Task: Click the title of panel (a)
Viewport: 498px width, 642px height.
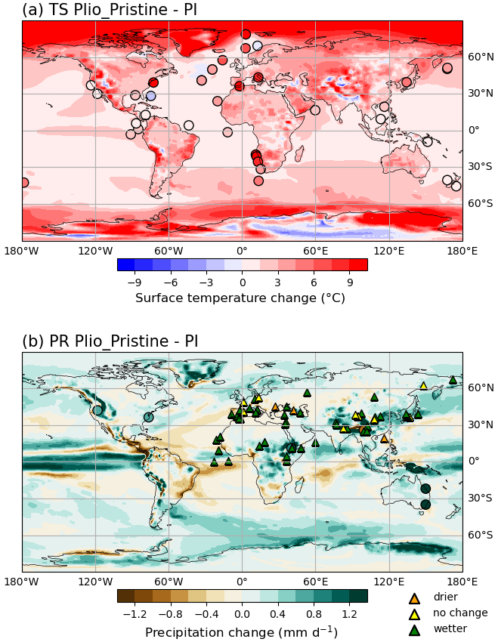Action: pyautogui.click(x=110, y=10)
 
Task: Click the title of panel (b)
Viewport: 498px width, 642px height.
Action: pyautogui.click(x=110, y=341)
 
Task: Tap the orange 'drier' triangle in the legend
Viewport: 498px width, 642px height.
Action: pyautogui.click(x=414, y=598)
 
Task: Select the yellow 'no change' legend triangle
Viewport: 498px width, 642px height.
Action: pyautogui.click(x=414, y=613)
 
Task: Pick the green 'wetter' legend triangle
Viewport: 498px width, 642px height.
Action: pyautogui.click(x=414, y=629)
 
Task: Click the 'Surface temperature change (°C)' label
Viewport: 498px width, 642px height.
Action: pyautogui.click(x=240, y=298)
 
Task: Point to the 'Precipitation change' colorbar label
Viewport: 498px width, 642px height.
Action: pyautogui.click(x=241, y=631)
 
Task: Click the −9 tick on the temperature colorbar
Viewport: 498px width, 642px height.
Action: pyautogui.click(x=135, y=282)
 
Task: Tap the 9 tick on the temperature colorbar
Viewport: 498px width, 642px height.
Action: pyautogui.click(x=350, y=282)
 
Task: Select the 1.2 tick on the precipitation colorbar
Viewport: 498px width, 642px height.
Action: pyautogui.click(x=349, y=614)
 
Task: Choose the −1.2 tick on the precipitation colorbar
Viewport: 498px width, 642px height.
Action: pyautogui.click(x=134, y=614)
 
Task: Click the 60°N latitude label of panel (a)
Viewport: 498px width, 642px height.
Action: pyautogui.click(x=481, y=57)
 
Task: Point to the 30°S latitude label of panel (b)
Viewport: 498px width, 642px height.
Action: pyautogui.click(x=481, y=498)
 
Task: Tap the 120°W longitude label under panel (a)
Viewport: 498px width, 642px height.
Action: pyautogui.click(x=95, y=251)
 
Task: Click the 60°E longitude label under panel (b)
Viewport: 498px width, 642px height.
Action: pyautogui.click(x=315, y=582)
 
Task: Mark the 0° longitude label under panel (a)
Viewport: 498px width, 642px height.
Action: pyautogui.click(x=242, y=251)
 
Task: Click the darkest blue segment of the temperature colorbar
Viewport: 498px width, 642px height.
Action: pyautogui.click(x=126, y=264)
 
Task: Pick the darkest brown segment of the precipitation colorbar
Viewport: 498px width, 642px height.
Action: pyautogui.click(x=126, y=596)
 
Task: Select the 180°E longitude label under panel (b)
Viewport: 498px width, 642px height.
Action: pyautogui.click(x=462, y=582)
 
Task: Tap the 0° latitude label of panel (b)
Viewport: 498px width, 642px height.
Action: pyautogui.click(x=475, y=461)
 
